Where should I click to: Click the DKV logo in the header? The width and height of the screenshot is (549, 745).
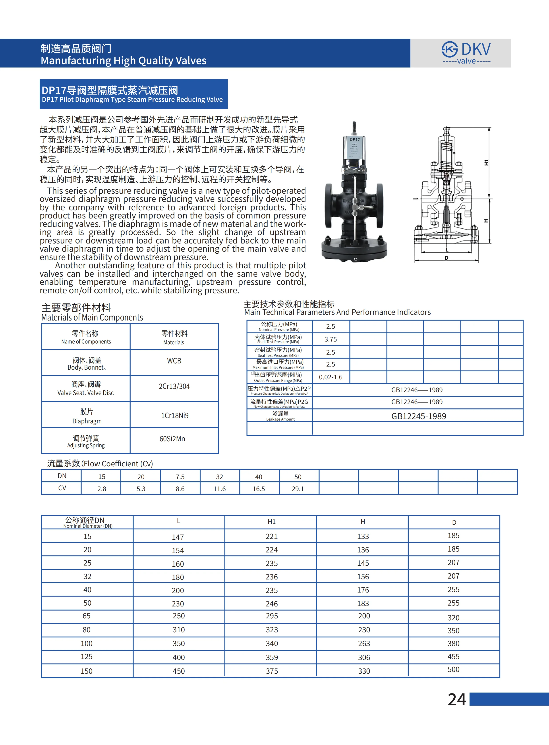(x=466, y=52)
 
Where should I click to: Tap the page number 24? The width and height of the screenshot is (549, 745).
(x=457, y=699)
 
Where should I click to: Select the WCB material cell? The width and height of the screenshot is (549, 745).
(x=174, y=361)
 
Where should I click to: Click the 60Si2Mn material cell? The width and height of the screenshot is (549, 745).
(x=172, y=439)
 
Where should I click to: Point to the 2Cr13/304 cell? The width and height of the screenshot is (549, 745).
(x=174, y=386)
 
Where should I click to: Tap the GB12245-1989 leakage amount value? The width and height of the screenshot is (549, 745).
(x=418, y=416)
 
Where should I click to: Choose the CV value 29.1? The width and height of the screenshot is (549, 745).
(x=298, y=489)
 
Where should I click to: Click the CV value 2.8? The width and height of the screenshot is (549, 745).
(x=102, y=489)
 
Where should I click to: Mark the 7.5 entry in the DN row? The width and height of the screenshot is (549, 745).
(x=180, y=477)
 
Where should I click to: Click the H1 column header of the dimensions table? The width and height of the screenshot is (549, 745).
(x=271, y=522)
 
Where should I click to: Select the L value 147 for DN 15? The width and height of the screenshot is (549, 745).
(x=178, y=537)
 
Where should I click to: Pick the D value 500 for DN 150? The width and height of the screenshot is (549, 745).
(x=453, y=669)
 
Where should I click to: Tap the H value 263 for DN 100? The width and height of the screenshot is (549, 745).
(x=364, y=644)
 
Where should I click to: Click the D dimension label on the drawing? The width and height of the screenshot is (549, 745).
(x=446, y=258)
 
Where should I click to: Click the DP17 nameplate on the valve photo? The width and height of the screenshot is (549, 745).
(x=355, y=147)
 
